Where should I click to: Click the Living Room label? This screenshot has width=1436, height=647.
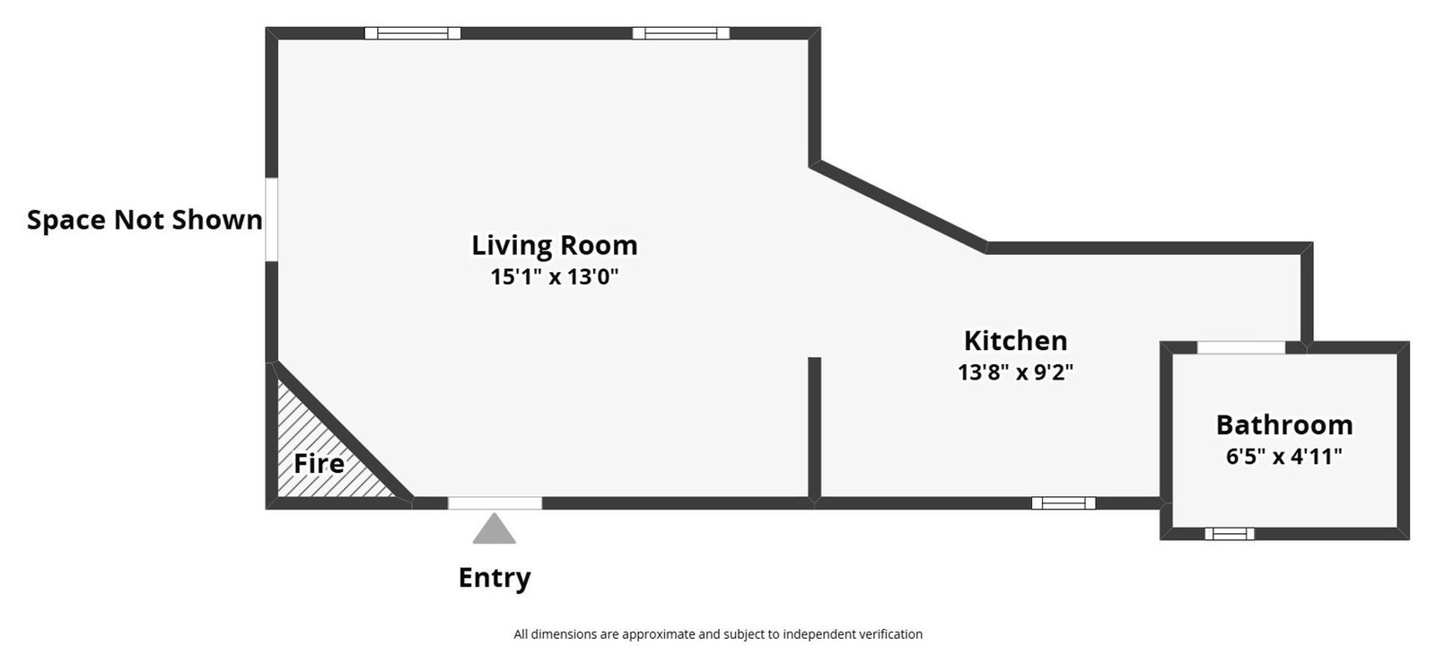click(555, 245)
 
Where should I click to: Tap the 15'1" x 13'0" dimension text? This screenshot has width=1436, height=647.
click(555, 276)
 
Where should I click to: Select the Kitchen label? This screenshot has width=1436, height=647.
click(1015, 341)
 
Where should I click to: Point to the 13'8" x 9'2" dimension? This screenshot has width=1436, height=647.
click(1015, 372)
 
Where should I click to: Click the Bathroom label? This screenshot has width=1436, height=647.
click(1283, 424)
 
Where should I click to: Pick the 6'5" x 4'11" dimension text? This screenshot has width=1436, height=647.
click(1283, 456)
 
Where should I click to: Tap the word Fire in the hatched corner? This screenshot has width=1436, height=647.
click(319, 464)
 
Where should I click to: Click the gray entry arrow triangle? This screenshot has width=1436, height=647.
click(495, 529)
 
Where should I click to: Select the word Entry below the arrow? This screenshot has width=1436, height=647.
click(495, 577)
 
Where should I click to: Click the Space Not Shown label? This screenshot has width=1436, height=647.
click(144, 220)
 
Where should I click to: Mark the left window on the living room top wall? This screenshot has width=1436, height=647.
click(413, 33)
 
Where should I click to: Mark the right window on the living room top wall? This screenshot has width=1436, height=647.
click(680, 33)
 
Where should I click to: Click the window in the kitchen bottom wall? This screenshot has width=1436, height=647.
click(1063, 503)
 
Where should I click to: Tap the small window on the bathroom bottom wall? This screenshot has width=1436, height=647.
click(1229, 534)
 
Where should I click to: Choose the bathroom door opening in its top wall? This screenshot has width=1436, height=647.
click(1241, 347)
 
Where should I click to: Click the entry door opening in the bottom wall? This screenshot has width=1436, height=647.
click(495, 503)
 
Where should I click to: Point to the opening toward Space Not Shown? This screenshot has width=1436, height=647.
click(271, 220)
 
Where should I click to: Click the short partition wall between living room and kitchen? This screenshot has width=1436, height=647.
click(814, 429)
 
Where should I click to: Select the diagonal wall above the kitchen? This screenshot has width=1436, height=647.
click(900, 205)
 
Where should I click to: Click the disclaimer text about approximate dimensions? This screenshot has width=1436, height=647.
click(718, 634)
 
